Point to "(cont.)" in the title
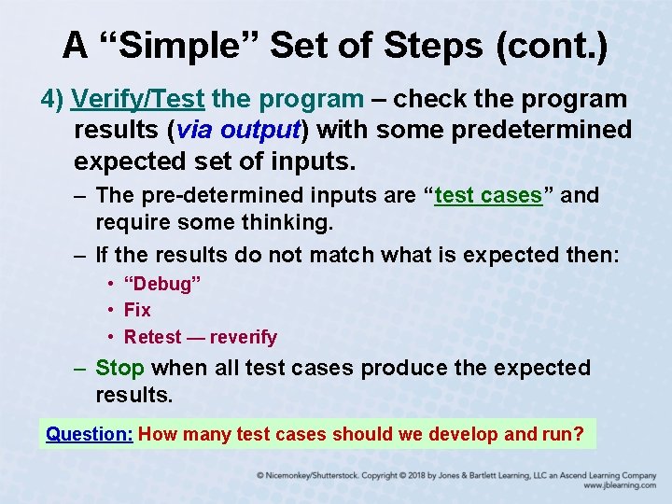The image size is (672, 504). pos(555,45)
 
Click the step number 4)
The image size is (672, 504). pos(52,99)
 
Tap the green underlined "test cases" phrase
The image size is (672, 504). pos(488,196)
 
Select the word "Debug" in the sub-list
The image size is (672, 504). pos(162,283)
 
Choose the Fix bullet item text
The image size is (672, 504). pos(137,310)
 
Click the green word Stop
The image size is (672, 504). pos(119,369)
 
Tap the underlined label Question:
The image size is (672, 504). pos(90,434)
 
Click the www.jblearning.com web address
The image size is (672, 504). pos(620,486)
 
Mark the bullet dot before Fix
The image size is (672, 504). pos(111,310)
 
